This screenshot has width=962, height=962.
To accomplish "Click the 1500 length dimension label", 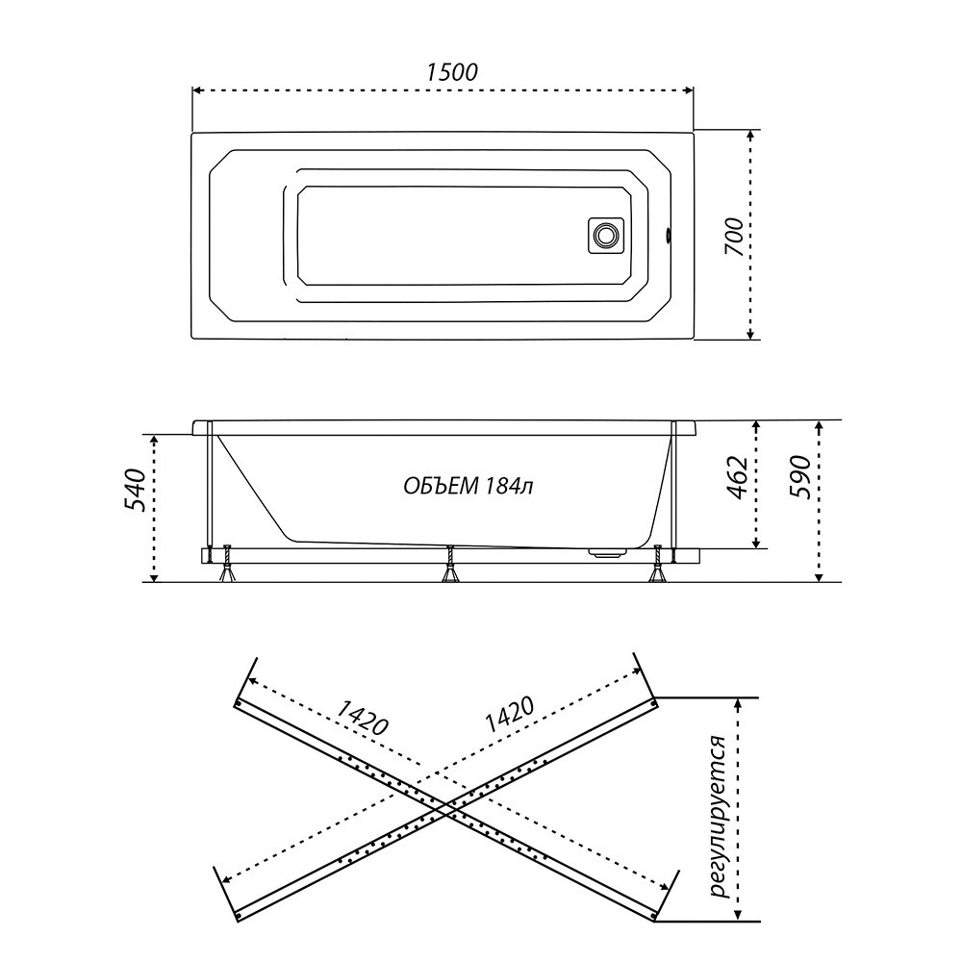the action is coord(451,72).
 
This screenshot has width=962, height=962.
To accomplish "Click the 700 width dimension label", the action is coord(733,238).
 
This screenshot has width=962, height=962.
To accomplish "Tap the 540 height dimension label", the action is coord(135,491).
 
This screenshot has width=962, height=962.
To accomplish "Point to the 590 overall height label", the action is coord(799,478).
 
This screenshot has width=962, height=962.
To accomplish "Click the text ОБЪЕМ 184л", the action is coord(468,486).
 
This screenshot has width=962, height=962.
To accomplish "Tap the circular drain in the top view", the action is coord(606,235).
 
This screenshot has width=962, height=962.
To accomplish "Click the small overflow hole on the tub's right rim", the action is coord(669,235).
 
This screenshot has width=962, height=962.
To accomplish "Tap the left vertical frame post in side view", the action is coord(211,491).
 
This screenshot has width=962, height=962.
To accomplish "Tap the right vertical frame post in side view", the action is coord(673,491).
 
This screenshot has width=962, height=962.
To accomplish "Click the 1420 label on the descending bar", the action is coord(362,718).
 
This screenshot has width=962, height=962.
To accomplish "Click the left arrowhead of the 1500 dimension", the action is coord(197,90).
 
